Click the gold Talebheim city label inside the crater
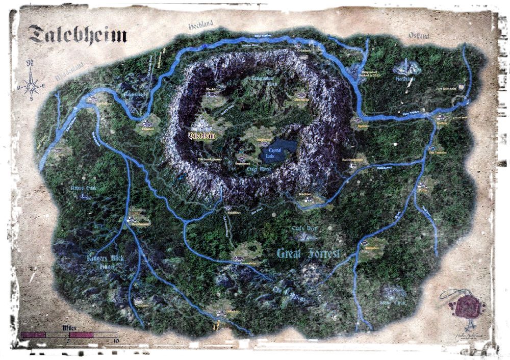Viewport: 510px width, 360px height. [202, 136]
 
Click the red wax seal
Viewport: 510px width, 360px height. [465, 307]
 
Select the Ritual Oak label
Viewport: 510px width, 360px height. [84, 189]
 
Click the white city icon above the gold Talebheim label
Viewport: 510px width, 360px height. [202, 124]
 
